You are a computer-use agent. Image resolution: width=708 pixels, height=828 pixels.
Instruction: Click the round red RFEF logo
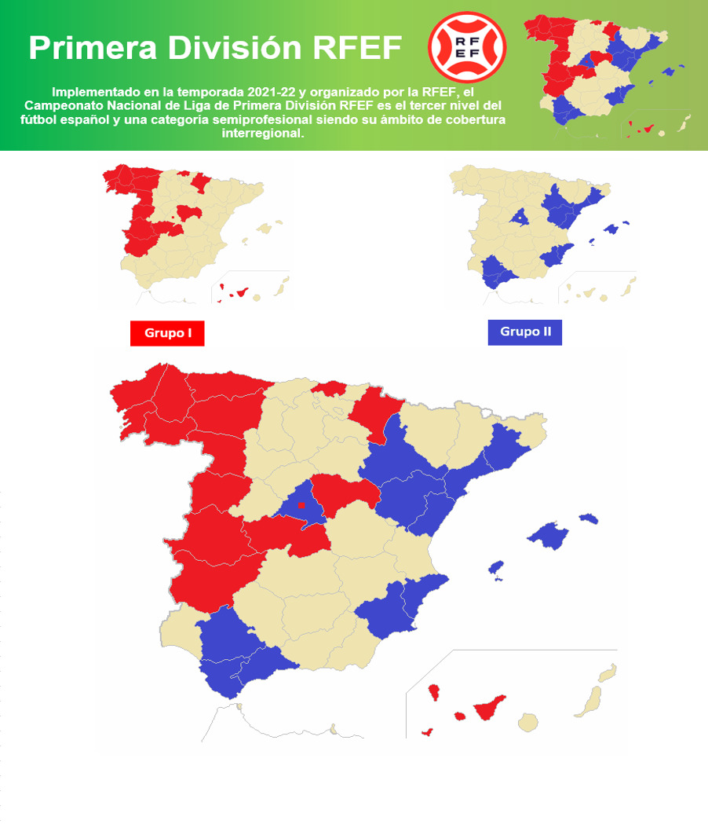pyautogui.click(x=468, y=47)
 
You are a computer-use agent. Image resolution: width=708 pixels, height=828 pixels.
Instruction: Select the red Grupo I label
pyautogui.click(x=167, y=333)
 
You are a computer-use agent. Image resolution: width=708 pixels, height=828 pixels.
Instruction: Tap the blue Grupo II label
pyautogui.click(x=525, y=332)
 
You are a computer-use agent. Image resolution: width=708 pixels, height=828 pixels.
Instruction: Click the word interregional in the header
pyautogui.click(x=263, y=133)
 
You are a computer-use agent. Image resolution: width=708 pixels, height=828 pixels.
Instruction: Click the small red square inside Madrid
pyautogui.click(x=301, y=505)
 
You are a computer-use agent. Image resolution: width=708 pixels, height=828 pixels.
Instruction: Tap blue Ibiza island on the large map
pyautogui.click(x=496, y=569)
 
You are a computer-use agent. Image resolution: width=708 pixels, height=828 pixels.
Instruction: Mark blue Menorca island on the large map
pyautogui.click(x=589, y=518)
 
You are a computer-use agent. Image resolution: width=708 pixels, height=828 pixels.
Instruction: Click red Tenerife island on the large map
pyautogui.click(x=486, y=708)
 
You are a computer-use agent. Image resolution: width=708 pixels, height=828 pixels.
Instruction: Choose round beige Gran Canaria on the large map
pyautogui.click(x=530, y=720)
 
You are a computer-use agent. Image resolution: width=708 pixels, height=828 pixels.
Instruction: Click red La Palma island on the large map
pyautogui.click(x=432, y=692)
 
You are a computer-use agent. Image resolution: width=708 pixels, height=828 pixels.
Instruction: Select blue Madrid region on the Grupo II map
pyautogui.click(x=518, y=215)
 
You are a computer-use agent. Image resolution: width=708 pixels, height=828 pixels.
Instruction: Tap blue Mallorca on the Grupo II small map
pyautogui.click(x=611, y=227)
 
